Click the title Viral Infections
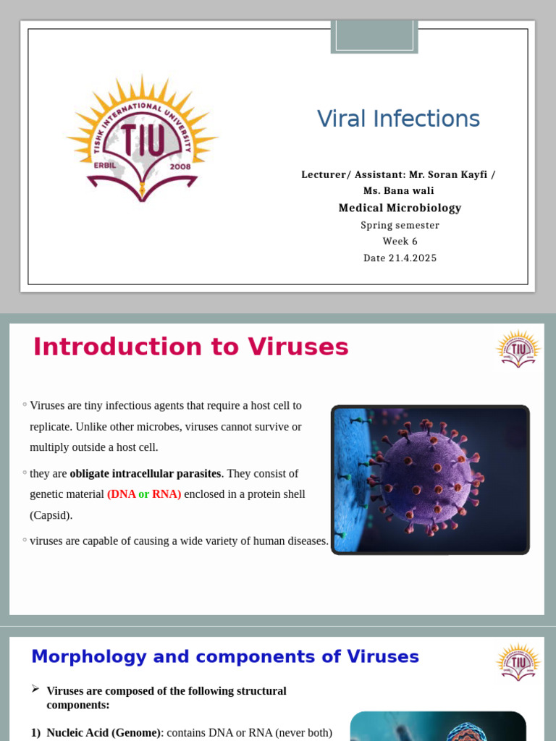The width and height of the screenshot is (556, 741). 398,119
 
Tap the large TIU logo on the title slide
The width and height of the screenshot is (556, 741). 142,137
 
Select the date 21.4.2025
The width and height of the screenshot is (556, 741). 400,258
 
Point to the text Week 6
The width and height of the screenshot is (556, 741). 400,241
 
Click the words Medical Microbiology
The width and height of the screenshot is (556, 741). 400,208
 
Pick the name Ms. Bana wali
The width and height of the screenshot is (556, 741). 398,190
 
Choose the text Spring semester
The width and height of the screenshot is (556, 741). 400,225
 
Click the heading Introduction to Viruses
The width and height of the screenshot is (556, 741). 190,347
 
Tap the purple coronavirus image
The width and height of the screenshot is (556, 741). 430,480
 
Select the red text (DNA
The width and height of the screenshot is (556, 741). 122,494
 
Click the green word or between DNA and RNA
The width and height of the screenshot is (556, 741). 144,494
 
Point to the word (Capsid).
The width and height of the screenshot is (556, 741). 51,515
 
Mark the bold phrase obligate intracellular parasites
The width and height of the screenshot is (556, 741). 145,473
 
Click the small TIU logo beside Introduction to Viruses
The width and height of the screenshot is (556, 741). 518,349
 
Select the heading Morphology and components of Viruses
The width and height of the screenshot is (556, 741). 224,656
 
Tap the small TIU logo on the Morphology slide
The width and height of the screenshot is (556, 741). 518,661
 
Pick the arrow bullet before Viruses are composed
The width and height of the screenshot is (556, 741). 35,690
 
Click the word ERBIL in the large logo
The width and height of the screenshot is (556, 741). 106,165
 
